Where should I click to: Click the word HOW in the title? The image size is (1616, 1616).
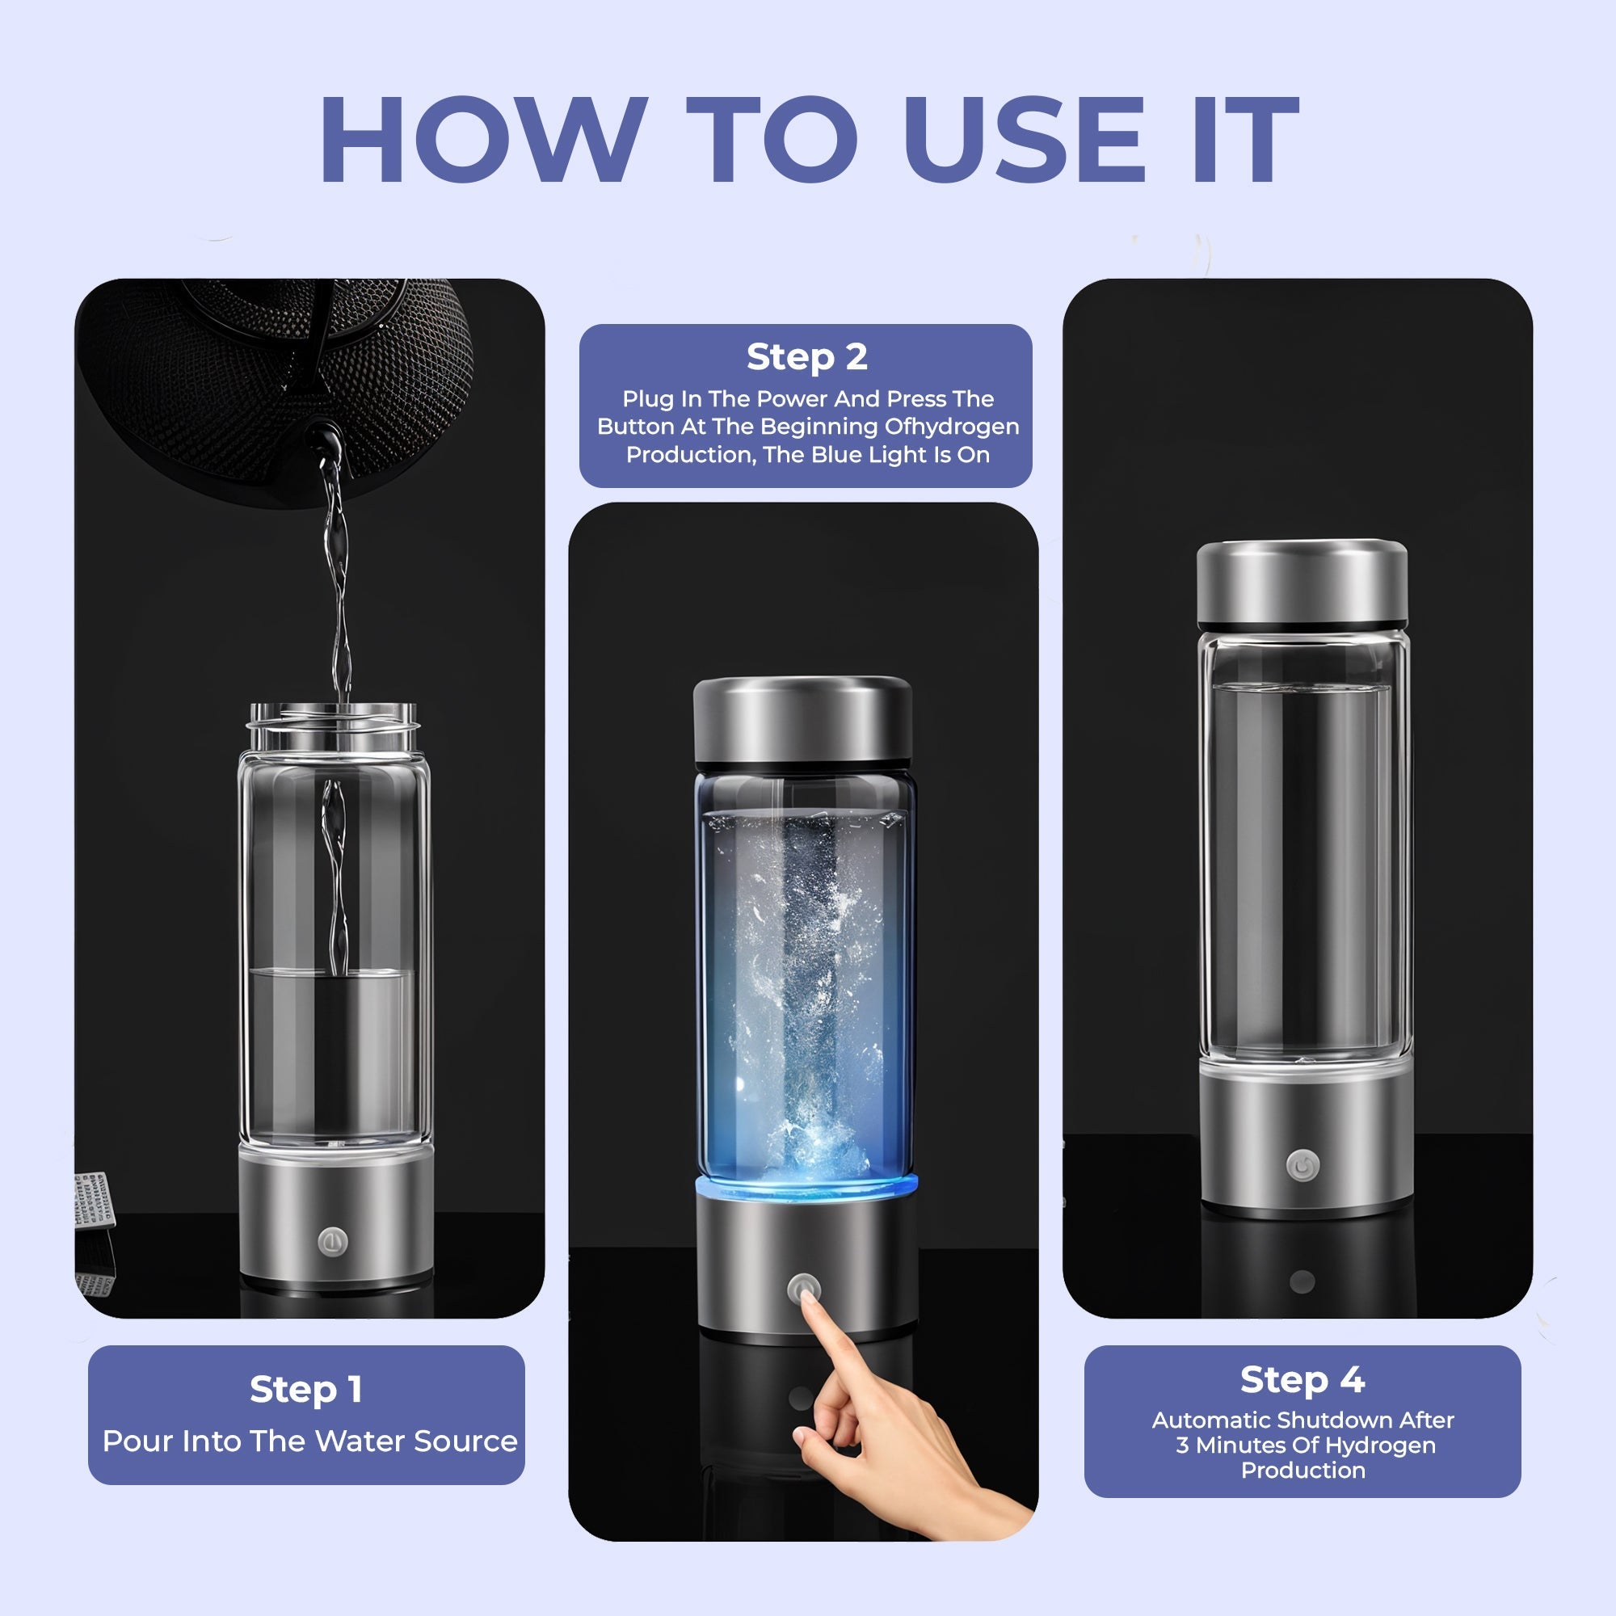482,140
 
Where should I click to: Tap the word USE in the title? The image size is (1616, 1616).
1025,140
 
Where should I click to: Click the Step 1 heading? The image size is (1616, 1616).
306,1389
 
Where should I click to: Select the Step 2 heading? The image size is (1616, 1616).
806,357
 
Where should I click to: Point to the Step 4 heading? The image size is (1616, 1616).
1302,1379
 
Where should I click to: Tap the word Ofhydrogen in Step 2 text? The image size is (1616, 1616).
952,427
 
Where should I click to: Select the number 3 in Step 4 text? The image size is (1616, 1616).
1182,1446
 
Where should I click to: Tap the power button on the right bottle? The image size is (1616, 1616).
1302,1165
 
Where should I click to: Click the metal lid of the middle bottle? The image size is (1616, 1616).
802,721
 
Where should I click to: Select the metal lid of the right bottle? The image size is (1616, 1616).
1302,583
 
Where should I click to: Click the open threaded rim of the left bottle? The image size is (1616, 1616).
333,716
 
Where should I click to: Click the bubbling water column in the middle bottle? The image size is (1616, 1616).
807,987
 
